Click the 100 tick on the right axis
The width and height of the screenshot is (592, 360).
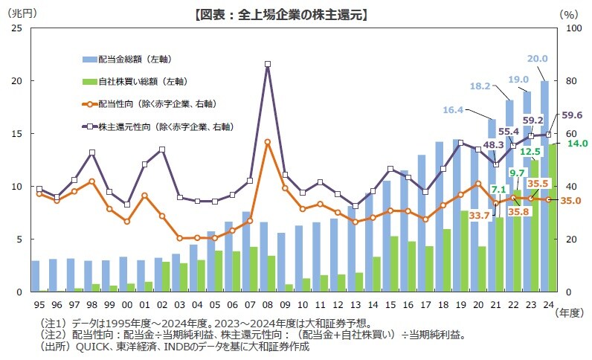[569, 28]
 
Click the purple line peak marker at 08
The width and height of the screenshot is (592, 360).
[268, 64]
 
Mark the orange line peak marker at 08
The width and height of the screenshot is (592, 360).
[268, 141]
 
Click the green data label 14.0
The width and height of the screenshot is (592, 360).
[577, 144]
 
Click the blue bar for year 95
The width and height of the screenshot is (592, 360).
[36, 276]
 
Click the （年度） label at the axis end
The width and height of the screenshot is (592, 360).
[571, 313]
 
